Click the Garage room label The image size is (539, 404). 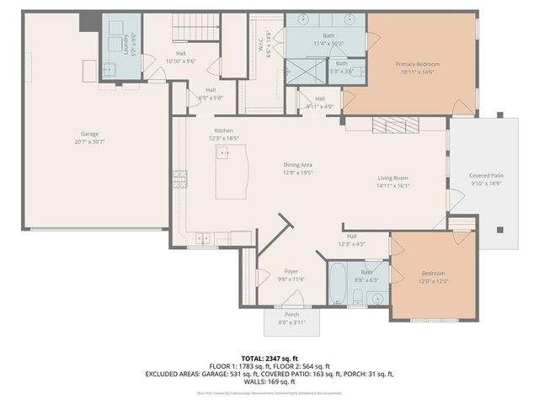pos(90,134)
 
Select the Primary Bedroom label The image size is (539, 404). pos(418,64)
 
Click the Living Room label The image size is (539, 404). pos(392,178)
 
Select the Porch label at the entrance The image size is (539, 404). pos(291,315)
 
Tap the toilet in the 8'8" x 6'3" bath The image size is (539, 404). pos(357,296)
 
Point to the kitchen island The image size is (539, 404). pos(232,171)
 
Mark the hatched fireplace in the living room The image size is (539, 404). pos(390,125)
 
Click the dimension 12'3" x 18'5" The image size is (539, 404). pos(224,137)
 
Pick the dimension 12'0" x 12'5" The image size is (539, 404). pos(435,281)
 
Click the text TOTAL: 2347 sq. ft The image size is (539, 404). pos(269,359)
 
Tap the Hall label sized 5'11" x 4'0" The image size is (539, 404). pos(319,106)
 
